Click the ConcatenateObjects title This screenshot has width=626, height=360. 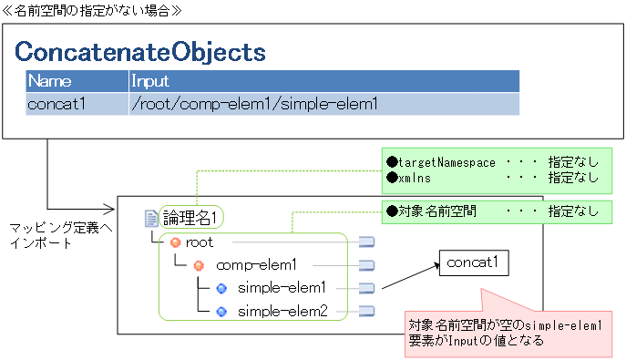(140, 52)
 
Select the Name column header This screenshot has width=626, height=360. (50, 81)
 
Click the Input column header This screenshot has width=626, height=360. (152, 81)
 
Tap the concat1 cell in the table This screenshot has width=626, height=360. (56, 104)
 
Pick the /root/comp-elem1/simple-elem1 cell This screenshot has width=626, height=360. (254, 104)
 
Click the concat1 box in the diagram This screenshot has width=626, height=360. (473, 263)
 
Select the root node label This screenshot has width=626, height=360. (199, 242)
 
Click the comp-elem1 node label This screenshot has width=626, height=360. (257, 265)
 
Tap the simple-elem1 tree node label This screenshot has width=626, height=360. (282, 288)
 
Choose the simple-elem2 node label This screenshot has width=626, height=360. (282, 311)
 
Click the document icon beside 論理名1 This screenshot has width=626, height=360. (151, 218)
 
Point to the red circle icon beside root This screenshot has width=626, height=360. (176, 242)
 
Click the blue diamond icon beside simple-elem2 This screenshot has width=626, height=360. (221, 311)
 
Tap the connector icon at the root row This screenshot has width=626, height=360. (366, 242)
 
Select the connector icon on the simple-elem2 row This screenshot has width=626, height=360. (366, 311)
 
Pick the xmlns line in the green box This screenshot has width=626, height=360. (420, 177)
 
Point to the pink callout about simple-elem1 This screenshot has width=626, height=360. (508, 330)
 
